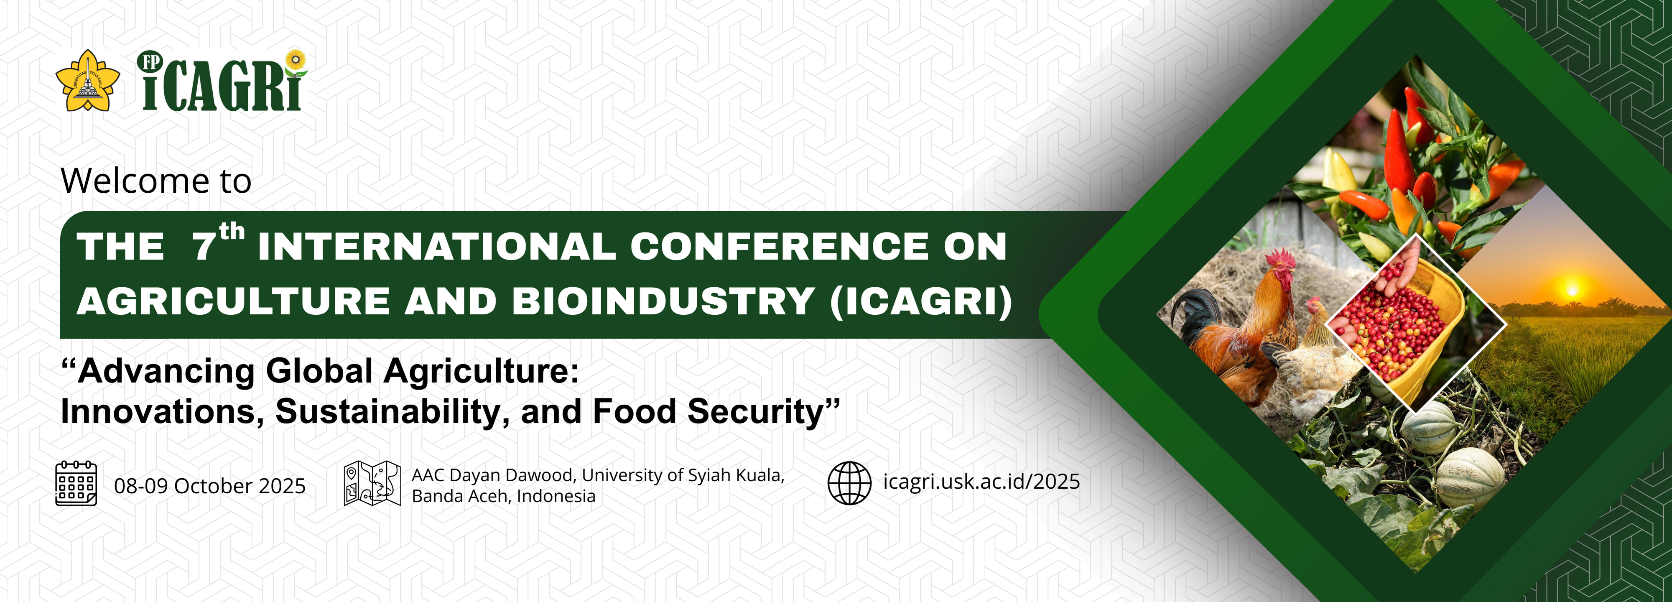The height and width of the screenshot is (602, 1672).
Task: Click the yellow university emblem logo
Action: click(x=88, y=81)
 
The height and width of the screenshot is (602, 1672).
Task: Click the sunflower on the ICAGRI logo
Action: click(x=296, y=60)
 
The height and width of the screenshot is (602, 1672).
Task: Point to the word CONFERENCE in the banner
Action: click(x=779, y=246)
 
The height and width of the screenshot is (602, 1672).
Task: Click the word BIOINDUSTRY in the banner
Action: click(x=663, y=301)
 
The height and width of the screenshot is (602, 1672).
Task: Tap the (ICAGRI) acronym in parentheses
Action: click(x=921, y=302)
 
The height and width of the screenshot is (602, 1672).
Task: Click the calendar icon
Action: click(x=76, y=483)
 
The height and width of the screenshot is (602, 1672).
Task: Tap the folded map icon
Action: click(x=372, y=483)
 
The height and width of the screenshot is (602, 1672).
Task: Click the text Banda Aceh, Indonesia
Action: click(x=504, y=496)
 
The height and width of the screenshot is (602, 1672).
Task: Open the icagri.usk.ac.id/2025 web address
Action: click(x=981, y=482)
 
